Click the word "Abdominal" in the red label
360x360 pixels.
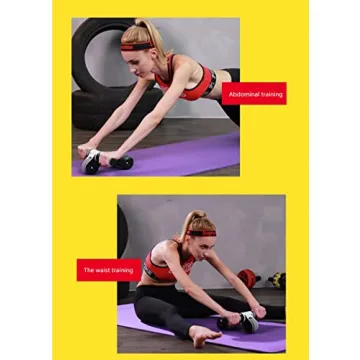[243, 94]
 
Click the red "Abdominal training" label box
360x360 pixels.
[255, 94]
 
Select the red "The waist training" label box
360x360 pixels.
[108, 270]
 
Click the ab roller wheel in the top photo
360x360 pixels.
[106, 161]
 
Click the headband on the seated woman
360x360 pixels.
[201, 232]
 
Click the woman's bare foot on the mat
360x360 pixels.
[205, 333]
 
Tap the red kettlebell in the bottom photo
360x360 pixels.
[246, 278]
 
